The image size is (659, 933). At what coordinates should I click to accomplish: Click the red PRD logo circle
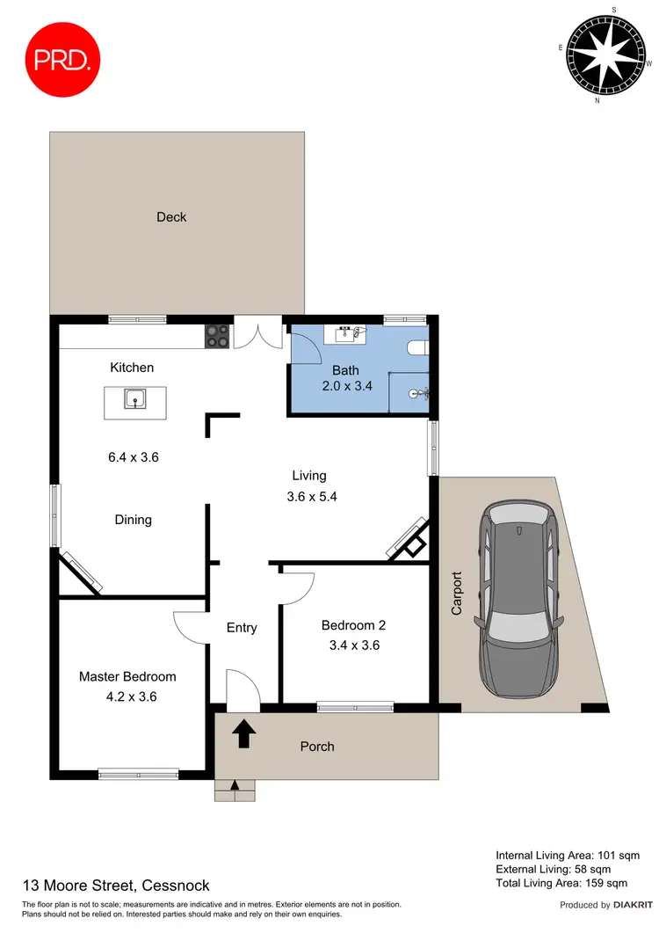pyautogui.click(x=60, y=58)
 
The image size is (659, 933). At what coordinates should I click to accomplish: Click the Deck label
pyautogui.click(x=171, y=217)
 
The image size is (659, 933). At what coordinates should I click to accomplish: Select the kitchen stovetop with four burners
pyautogui.click(x=218, y=336)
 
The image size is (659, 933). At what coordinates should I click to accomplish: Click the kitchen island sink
pyautogui.click(x=134, y=400)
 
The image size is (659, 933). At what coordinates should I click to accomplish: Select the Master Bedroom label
pyautogui.click(x=127, y=677)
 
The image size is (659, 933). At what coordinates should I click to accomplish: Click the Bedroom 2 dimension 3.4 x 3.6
pyautogui.click(x=353, y=645)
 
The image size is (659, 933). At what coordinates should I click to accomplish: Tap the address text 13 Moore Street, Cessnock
pyautogui.click(x=116, y=886)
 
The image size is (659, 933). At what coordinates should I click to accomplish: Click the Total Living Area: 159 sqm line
pyautogui.click(x=561, y=883)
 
